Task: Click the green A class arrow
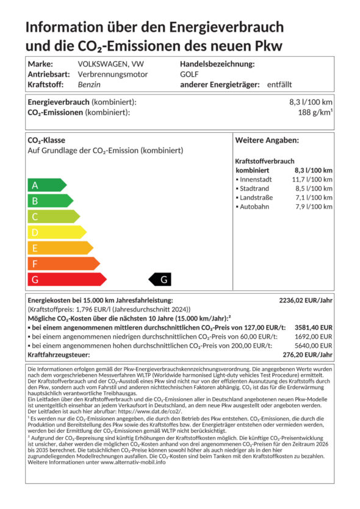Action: pyautogui.click(x=46, y=185)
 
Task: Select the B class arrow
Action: pyautogui.click(x=49, y=201)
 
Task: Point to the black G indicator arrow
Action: pyautogui.click(x=161, y=280)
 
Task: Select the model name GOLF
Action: pyautogui.click(x=189, y=74)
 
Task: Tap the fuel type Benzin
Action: pyautogui.click(x=89, y=85)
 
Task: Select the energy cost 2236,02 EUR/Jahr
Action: pyautogui.click(x=306, y=301)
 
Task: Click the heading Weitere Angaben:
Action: pyautogui.click(x=267, y=140)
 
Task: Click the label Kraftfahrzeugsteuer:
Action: pyautogui.click(x=59, y=355)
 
